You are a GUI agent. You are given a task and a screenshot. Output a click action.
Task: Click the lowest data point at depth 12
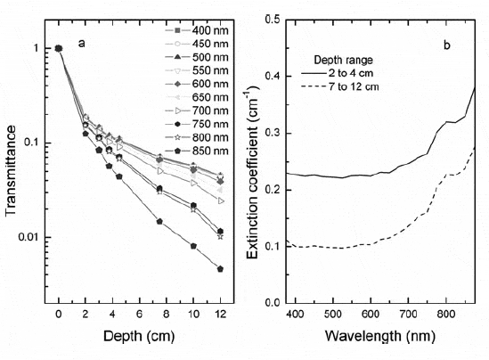220,268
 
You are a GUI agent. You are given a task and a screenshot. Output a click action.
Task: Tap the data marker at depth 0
59,48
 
